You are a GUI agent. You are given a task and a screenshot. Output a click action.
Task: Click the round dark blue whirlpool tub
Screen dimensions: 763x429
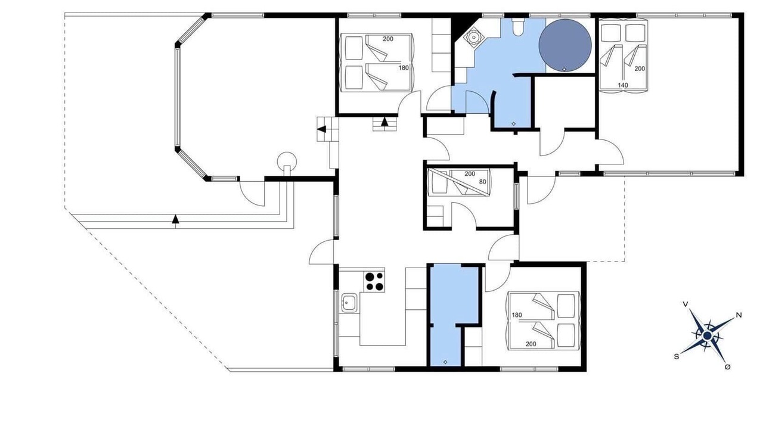(565, 45)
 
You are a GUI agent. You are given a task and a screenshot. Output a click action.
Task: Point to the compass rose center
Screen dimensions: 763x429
(708, 336)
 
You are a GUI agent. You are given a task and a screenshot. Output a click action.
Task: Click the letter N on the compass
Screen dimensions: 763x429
(739, 315)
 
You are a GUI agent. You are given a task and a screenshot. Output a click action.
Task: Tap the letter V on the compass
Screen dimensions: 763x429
(686, 304)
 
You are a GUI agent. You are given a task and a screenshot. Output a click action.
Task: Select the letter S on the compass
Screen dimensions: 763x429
(677, 356)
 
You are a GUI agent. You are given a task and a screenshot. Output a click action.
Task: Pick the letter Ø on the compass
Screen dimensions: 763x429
(728, 367)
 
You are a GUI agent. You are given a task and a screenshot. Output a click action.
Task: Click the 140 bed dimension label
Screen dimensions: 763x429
(623, 85)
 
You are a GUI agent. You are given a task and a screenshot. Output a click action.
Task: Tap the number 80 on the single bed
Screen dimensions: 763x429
(482, 182)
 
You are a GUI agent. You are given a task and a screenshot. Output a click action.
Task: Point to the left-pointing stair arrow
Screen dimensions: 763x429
(321, 129)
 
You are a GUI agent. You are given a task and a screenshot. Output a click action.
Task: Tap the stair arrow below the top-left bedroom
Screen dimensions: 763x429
(384, 122)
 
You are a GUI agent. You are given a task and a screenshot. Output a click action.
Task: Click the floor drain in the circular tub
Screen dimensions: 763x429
(565, 70)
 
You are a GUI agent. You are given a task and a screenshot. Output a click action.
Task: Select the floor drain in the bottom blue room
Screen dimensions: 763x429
(445, 362)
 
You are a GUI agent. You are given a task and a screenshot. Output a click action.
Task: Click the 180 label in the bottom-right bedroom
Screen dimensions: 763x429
(517, 315)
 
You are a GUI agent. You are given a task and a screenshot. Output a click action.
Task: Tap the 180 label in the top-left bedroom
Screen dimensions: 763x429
(404, 68)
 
